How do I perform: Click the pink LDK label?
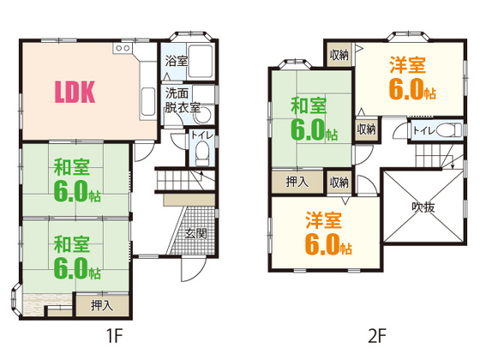(75, 91)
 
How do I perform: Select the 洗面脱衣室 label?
(182, 100)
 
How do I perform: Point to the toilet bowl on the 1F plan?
(201, 154)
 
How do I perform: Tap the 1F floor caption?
(114, 336)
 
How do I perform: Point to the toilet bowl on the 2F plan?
(447, 131)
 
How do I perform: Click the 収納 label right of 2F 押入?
(339, 182)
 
